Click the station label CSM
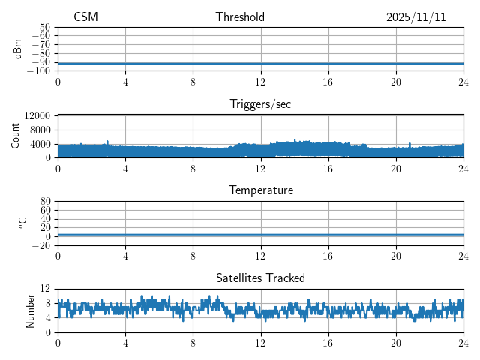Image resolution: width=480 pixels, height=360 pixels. (85, 17)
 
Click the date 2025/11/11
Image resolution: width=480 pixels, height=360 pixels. (416, 17)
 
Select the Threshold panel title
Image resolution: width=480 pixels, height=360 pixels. (240, 17)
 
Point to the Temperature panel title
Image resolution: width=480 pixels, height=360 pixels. (260, 190)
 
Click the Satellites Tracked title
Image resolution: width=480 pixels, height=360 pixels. (260, 277)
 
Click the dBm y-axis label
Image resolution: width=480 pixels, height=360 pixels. (18, 49)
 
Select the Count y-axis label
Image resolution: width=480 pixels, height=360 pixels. (16, 136)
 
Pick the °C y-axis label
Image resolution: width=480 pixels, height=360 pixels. (22, 223)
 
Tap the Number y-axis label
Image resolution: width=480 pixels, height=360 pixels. (31, 310)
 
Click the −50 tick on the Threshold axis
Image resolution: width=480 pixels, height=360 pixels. (40, 27)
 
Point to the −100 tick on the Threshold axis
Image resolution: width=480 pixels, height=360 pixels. (38, 70)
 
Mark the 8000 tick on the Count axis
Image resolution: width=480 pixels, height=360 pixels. (40, 130)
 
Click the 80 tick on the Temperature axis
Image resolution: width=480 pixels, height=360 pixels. (45, 202)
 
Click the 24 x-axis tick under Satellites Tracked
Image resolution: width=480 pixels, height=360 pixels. (463, 343)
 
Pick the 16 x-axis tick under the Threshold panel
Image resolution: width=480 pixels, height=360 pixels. (328, 82)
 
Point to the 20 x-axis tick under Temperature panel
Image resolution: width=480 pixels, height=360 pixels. (396, 256)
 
